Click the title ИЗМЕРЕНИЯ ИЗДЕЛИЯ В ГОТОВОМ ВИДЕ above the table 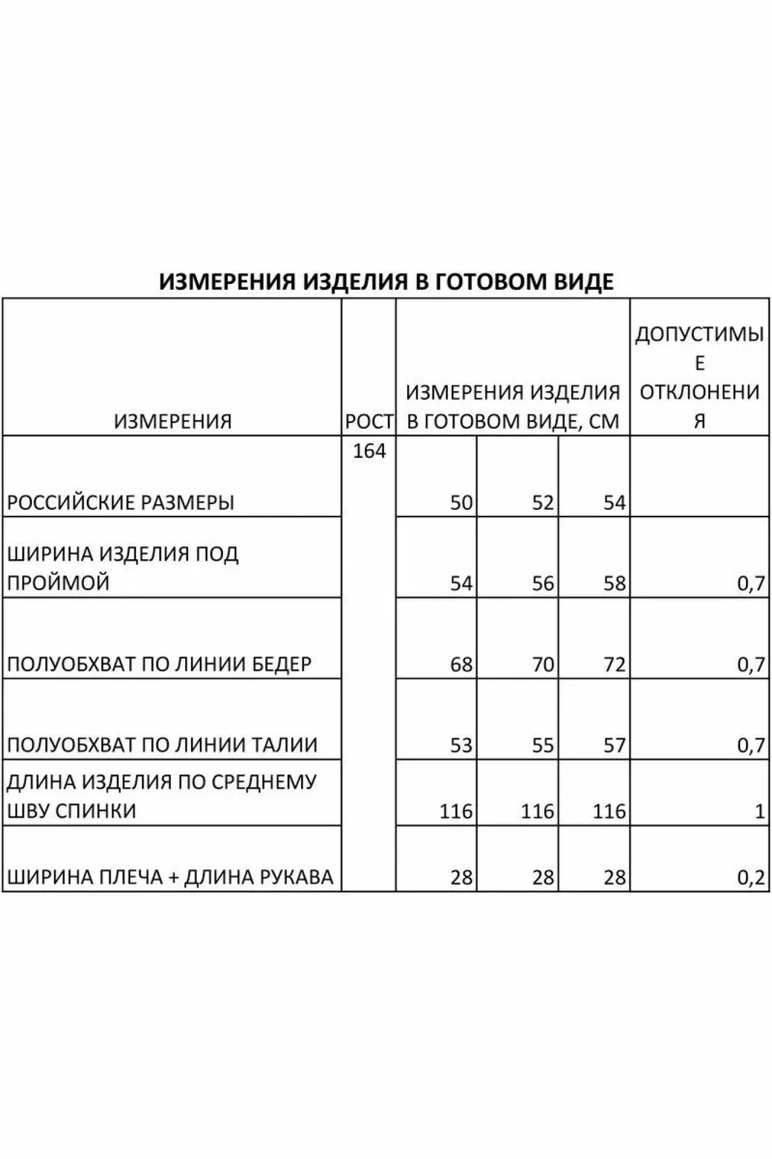tap(386, 282)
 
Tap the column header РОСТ tap(369, 421)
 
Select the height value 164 tap(369, 450)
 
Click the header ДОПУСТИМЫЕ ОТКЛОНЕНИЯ tap(700, 377)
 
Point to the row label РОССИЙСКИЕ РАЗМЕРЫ tap(120, 502)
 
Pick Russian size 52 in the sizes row tap(543, 502)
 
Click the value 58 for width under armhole tap(614, 583)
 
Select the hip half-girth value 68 tap(461, 664)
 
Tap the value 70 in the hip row tap(543, 664)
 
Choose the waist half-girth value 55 tap(543, 745)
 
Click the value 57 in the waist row tap(614, 745)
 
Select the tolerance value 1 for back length tap(760, 811)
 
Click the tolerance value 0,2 tap(751, 877)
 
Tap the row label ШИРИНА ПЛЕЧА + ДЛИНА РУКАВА tap(170, 877)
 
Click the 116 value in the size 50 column tap(456, 811)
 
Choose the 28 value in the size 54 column tap(614, 877)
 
